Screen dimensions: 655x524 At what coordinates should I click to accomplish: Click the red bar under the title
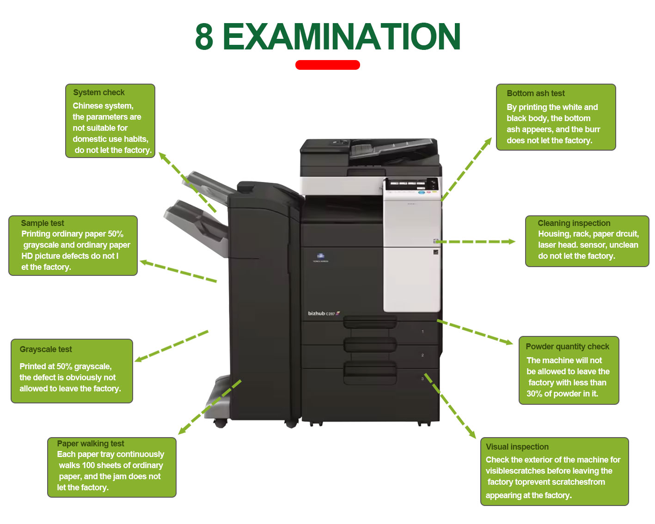[x=327, y=65]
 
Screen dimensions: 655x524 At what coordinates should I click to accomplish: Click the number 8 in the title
[x=204, y=37]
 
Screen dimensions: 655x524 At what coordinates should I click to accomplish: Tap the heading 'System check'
[x=98, y=92]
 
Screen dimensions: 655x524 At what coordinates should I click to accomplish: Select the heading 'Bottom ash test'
[x=535, y=93]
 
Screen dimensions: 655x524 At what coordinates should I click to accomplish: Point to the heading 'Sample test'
[x=43, y=223]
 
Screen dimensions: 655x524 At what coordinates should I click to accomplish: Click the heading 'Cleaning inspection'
[x=574, y=223]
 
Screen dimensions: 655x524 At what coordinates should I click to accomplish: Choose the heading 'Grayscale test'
[x=46, y=349]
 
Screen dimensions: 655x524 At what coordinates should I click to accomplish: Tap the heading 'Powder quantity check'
[x=567, y=347]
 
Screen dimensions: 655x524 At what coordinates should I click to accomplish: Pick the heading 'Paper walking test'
[x=91, y=443]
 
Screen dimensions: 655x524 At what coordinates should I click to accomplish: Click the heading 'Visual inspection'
[x=517, y=447]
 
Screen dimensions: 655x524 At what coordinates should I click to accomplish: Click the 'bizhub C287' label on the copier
[x=324, y=313]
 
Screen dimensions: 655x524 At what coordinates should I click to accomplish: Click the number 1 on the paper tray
[x=422, y=331]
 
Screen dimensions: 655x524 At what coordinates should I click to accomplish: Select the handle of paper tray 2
[x=370, y=345]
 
